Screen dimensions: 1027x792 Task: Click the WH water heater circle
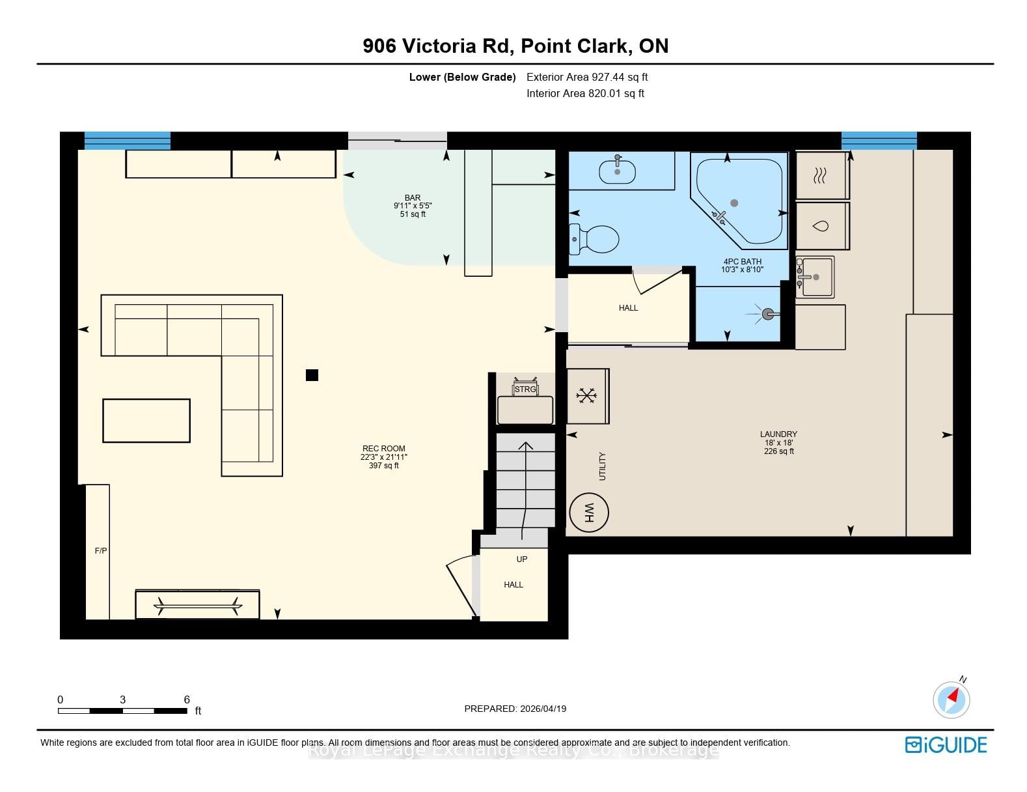[x=588, y=513]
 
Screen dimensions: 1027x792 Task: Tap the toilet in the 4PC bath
[x=594, y=239]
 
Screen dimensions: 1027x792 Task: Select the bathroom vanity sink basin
[x=617, y=172]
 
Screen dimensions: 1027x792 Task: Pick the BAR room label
[x=413, y=197]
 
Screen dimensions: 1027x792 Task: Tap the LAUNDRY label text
[x=778, y=434]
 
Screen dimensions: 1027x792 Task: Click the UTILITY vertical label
[x=602, y=466]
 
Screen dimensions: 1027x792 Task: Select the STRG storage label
[x=525, y=389]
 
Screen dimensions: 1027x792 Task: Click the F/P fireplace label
[x=101, y=550]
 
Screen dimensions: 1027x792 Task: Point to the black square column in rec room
[x=312, y=375]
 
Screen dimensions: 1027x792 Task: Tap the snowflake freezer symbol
[x=586, y=395]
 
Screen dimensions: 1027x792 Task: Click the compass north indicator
[x=952, y=699]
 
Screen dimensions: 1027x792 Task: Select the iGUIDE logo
[x=946, y=744]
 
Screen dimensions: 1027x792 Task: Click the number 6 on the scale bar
[x=187, y=700]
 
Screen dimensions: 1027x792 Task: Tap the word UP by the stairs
[x=522, y=559]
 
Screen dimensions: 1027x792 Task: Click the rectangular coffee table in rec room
[x=146, y=420]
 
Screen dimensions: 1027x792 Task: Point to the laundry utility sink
[x=815, y=277]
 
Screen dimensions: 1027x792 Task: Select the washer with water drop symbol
[x=823, y=226]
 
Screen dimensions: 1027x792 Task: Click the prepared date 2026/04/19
[x=543, y=709]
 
